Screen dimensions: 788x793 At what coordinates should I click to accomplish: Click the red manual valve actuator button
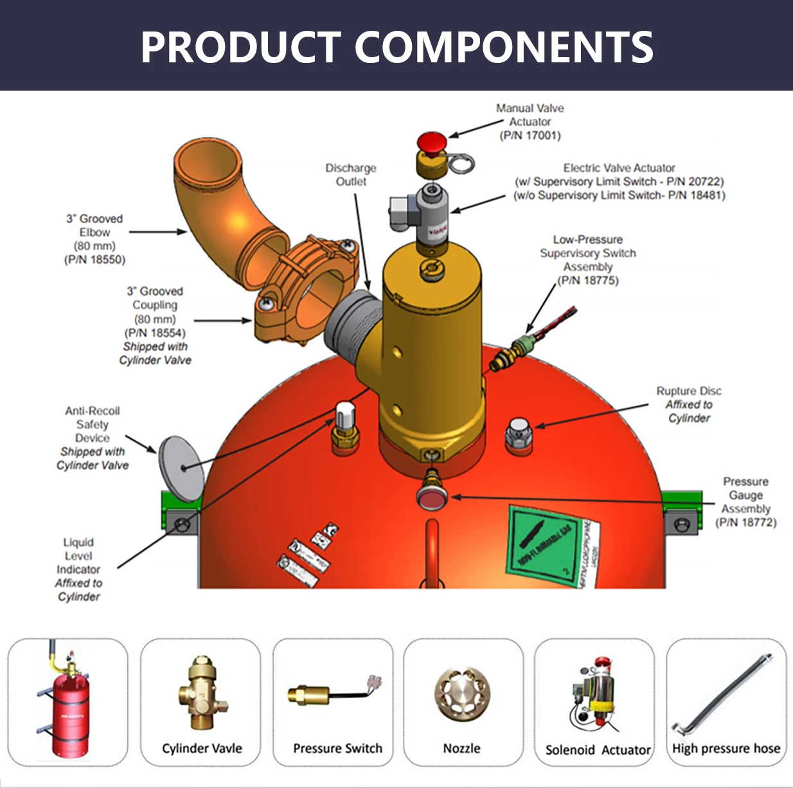click(431, 142)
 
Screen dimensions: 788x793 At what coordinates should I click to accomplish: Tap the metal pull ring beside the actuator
click(461, 164)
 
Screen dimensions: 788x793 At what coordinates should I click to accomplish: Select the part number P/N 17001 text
click(530, 136)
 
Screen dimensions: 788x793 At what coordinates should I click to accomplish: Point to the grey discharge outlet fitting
click(351, 325)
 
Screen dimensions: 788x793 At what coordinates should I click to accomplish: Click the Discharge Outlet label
click(351, 175)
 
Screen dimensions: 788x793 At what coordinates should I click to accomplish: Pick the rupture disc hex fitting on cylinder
click(519, 434)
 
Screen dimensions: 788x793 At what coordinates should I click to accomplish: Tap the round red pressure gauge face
click(432, 497)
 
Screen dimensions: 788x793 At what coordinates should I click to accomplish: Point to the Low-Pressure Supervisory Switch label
click(588, 253)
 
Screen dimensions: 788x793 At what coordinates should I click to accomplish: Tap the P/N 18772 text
click(745, 523)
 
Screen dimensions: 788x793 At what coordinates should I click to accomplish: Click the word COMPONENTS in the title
click(504, 47)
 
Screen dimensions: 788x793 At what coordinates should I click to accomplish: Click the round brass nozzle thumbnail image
click(463, 694)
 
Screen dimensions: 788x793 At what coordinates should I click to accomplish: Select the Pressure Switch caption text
click(337, 748)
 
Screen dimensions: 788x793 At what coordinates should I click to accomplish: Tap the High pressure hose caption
click(726, 748)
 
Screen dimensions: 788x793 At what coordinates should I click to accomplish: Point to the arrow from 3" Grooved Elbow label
click(157, 232)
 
